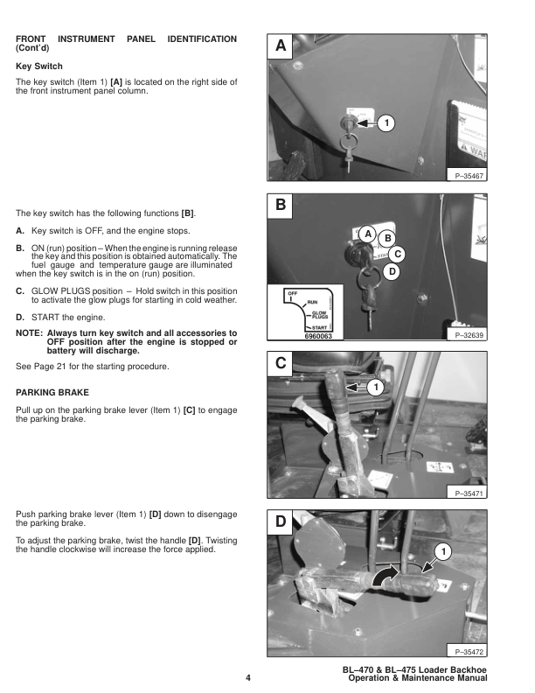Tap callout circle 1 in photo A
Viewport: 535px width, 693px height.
[x=386, y=123]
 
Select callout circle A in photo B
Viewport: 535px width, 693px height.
[x=368, y=234]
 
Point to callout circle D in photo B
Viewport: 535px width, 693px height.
[x=393, y=272]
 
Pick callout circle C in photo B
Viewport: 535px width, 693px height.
[x=398, y=254]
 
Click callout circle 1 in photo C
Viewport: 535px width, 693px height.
[x=375, y=386]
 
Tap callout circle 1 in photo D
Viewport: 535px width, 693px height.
[x=443, y=551]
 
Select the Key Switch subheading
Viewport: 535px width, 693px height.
[x=39, y=66]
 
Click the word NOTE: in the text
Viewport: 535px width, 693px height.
[x=32, y=333]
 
